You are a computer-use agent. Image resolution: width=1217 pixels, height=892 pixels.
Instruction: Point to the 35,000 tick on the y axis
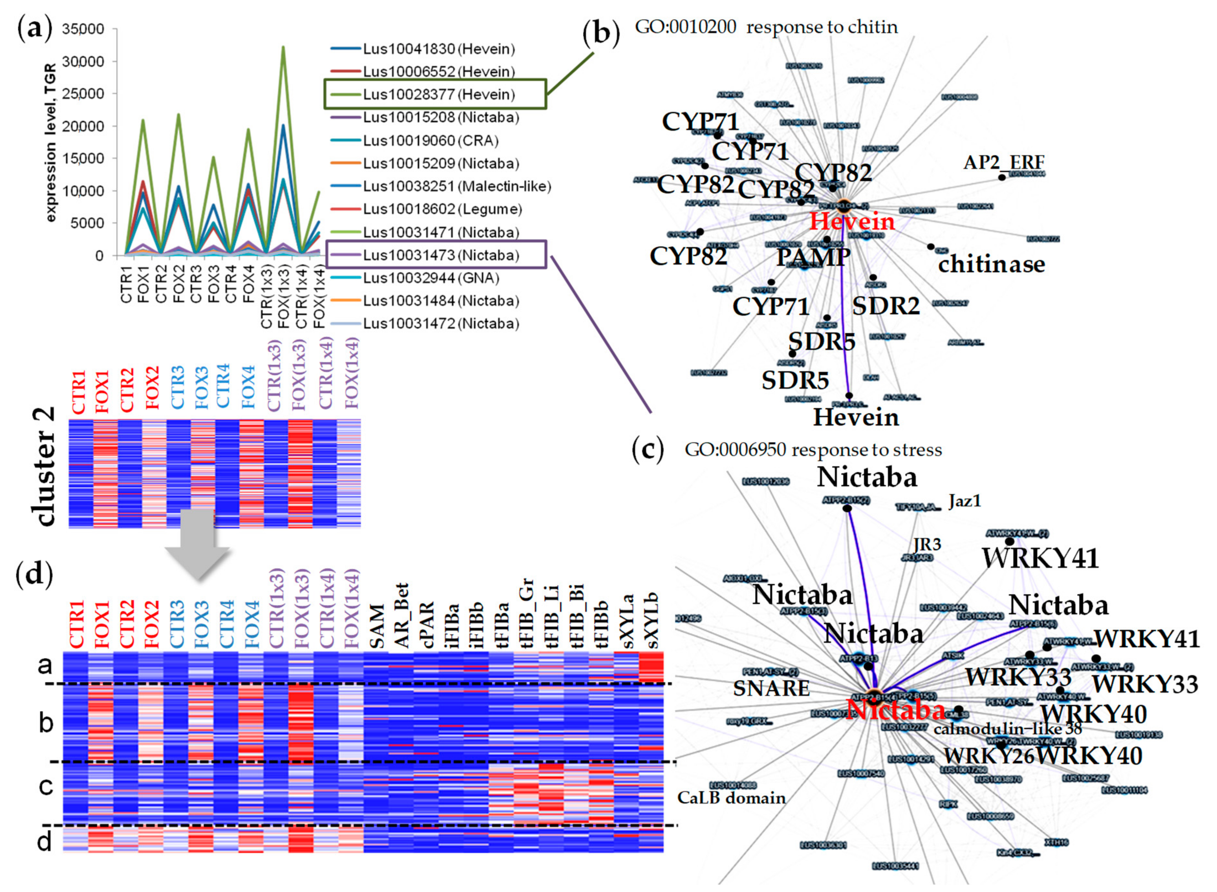[x=82, y=29]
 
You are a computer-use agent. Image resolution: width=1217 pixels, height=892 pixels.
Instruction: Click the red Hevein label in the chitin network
[x=852, y=222]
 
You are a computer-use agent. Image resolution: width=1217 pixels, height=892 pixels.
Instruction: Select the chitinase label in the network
[x=991, y=264]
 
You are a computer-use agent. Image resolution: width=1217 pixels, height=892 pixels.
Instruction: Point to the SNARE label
[x=771, y=688]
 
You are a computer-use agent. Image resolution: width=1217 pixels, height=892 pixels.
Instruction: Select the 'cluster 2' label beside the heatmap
[x=45, y=467]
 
